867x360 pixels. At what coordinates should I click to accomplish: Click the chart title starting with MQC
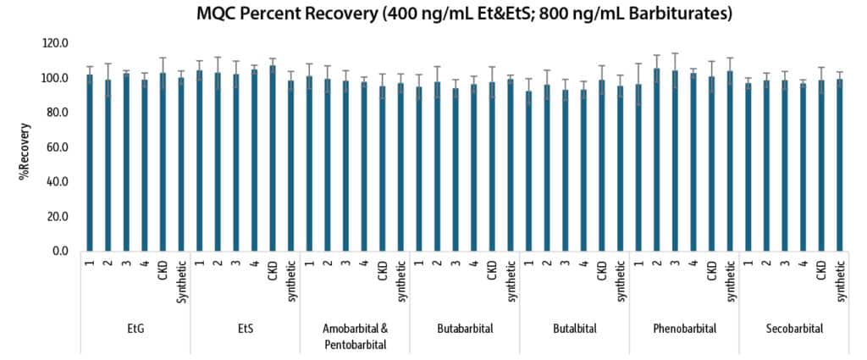465,14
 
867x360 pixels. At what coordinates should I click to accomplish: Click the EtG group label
135,329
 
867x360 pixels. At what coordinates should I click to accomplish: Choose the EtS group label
245,329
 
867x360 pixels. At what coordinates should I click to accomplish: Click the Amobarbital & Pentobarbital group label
355,336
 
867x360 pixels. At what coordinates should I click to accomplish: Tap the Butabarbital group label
465,329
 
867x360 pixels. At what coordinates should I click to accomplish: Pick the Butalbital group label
574,329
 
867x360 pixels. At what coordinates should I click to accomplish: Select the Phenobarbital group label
684,329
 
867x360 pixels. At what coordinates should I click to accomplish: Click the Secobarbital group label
793,329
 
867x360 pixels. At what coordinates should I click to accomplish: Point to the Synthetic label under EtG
180,276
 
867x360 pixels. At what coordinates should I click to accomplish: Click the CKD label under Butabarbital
492,269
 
